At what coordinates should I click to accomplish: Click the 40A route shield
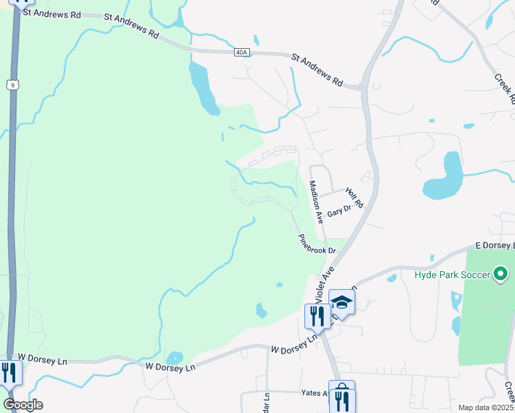(x=240, y=52)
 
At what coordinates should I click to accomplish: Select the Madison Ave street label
(x=315, y=200)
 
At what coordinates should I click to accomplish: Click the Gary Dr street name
(x=339, y=211)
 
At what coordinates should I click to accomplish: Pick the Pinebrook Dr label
(x=317, y=245)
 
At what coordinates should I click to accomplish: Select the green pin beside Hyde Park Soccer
(x=501, y=275)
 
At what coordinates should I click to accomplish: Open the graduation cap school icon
(x=341, y=302)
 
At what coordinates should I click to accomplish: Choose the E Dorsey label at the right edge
(x=494, y=246)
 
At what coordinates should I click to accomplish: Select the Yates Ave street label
(x=315, y=393)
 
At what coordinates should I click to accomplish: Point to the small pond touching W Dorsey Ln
(x=175, y=358)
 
